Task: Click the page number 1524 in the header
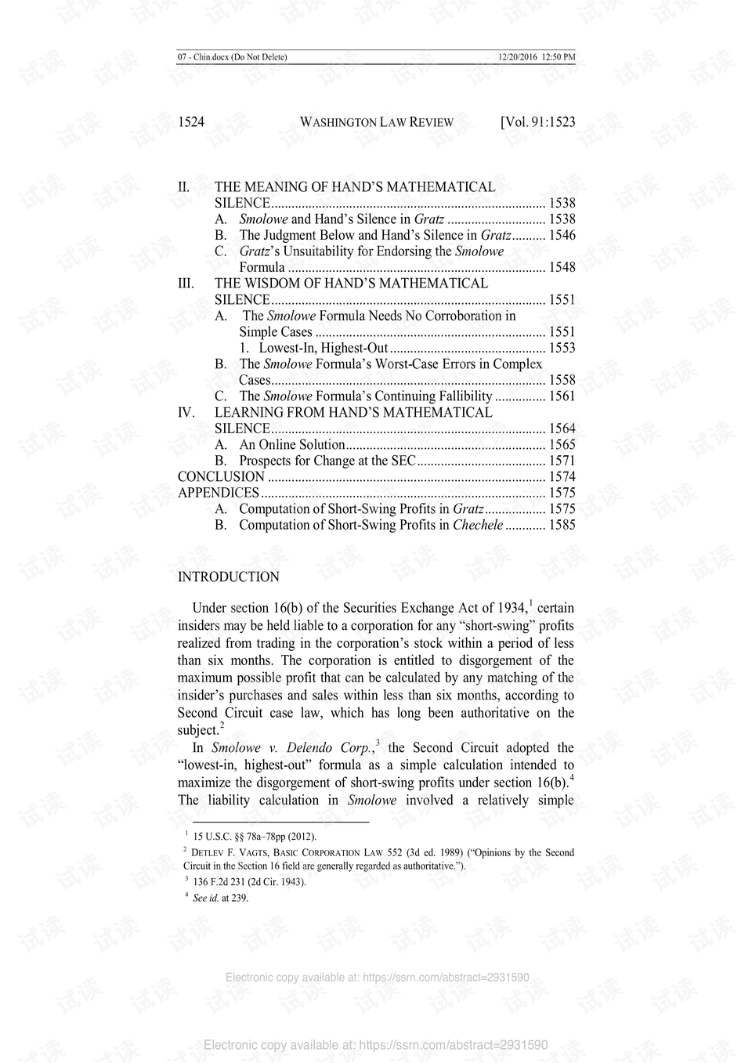pos(191,122)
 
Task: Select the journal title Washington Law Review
pos(377,122)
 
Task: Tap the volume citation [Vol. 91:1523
pos(537,122)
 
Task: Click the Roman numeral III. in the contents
pos(186,284)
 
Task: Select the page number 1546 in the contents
pos(562,235)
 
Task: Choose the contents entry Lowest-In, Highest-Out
pos(324,348)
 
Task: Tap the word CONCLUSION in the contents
pos(221,477)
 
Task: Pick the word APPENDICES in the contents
pos(218,493)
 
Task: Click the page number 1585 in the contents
pos(562,525)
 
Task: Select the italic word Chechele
pos(477,525)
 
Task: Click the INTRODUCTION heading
pos(228,577)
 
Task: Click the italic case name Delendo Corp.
pos(328,748)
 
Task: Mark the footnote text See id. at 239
pos(221,898)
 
